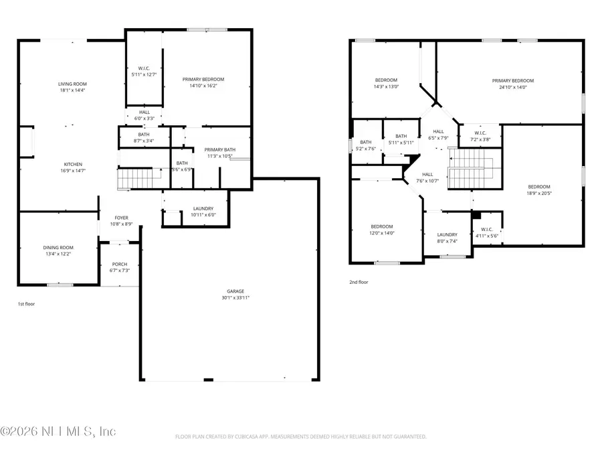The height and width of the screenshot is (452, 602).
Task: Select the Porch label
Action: (119, 264)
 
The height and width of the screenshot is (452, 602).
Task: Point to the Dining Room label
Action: (58, 248)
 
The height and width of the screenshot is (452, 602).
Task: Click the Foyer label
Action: (121, 218)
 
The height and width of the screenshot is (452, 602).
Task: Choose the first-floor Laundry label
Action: (203, 209)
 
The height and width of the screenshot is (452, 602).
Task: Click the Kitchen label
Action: (73, 164)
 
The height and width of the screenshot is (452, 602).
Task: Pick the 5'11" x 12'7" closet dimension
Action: (144, 74)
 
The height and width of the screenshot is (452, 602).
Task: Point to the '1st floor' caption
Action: (26, 304)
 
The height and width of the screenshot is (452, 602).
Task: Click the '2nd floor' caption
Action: (359, 282)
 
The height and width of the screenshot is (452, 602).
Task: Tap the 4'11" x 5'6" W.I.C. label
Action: (486, 236)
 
